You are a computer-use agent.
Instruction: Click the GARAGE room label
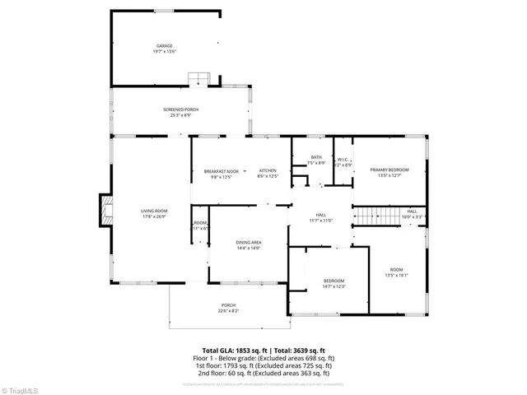165,45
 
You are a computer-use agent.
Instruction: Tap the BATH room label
316,157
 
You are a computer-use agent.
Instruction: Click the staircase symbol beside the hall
376,216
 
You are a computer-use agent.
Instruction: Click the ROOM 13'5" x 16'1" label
397,270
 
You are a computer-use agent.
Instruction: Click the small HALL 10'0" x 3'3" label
413,211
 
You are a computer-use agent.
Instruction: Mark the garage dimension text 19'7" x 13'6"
165,52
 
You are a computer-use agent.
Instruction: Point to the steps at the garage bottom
198,79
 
